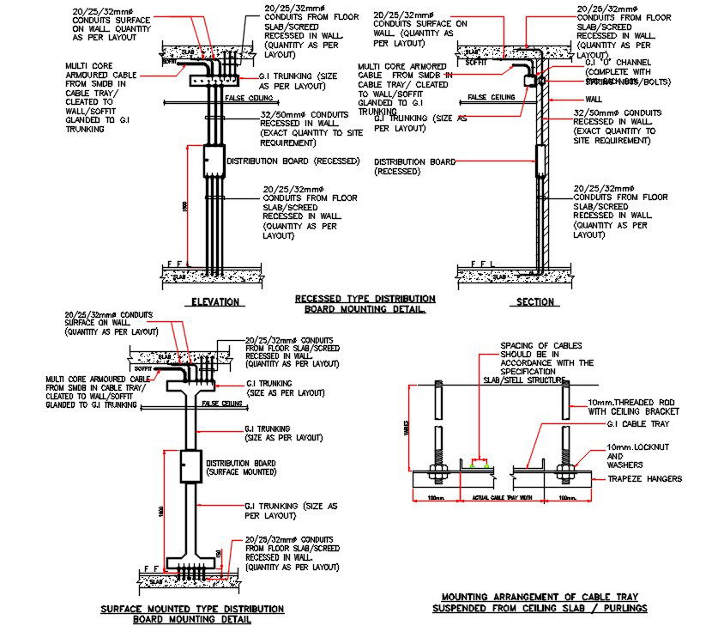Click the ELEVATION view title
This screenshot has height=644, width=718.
214,301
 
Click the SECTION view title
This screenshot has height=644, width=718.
534,301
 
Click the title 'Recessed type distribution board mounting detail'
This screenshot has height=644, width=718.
365,304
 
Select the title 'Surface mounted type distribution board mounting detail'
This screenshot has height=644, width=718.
191,613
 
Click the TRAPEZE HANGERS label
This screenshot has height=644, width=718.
644,478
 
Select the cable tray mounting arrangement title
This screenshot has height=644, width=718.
540,602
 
